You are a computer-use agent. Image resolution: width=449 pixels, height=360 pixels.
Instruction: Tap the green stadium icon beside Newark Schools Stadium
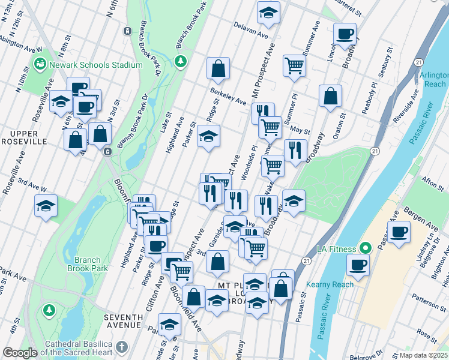point(40,62)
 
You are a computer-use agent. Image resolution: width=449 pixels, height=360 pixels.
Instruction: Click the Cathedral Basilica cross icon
point(122,347)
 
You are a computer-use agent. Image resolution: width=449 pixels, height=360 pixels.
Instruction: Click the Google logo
point(20,353)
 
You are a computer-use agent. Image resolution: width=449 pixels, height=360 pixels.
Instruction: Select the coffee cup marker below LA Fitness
point(359,265)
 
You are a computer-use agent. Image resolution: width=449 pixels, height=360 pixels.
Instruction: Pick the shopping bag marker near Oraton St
point(330,95)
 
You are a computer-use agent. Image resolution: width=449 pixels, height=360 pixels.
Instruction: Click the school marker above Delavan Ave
point(268,12)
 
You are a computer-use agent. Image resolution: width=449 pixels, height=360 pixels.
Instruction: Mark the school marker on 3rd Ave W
point(46,206)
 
